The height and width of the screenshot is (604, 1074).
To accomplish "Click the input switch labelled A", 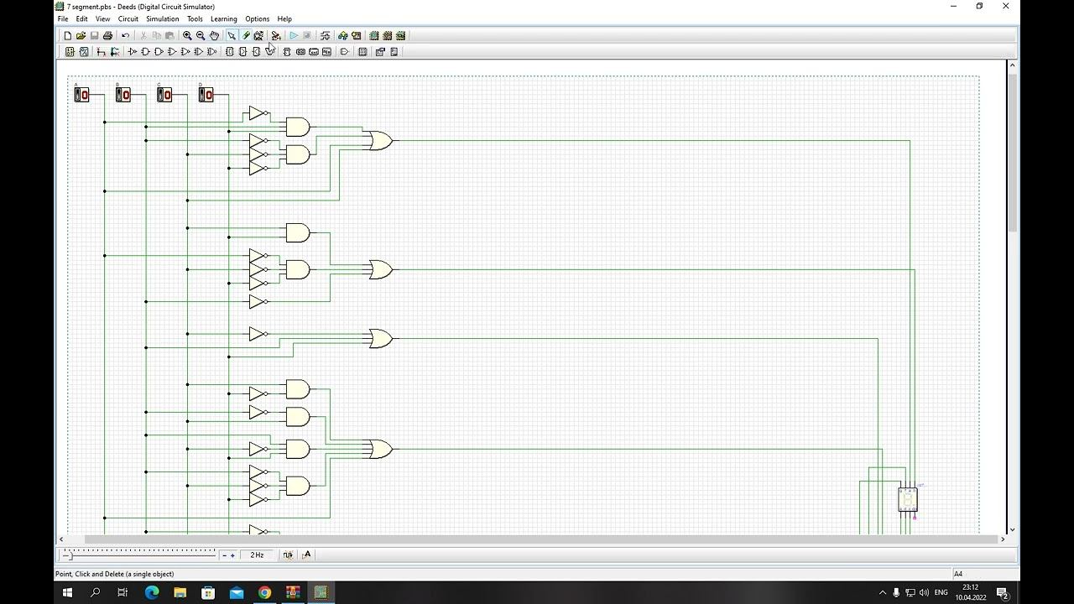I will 81,95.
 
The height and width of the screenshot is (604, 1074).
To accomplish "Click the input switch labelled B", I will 123,95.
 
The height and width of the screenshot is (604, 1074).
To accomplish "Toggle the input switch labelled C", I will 164,95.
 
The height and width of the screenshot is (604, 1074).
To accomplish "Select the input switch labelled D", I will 206,95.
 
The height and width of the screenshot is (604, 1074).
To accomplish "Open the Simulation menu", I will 162,18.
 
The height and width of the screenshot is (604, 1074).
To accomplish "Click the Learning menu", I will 223,18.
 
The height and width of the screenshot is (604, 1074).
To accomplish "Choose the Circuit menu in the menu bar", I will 128,18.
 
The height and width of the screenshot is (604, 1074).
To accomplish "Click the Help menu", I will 284,18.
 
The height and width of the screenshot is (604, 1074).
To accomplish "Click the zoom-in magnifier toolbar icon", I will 187,35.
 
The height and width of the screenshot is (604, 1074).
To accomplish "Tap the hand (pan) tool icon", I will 214,35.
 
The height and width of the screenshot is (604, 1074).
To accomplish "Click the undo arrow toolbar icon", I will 125,35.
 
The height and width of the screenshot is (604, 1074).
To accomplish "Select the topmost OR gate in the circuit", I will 380,141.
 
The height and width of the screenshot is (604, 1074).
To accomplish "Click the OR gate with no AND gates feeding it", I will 380,338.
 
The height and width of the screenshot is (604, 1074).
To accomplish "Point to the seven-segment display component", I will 907,499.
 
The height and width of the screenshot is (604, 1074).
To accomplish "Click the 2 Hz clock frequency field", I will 257,555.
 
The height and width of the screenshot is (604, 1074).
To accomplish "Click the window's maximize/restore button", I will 979,7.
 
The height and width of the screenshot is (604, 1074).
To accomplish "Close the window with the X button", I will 1005,7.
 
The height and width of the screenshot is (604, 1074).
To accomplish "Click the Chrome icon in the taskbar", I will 264,592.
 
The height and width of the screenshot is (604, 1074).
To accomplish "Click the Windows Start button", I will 67,592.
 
